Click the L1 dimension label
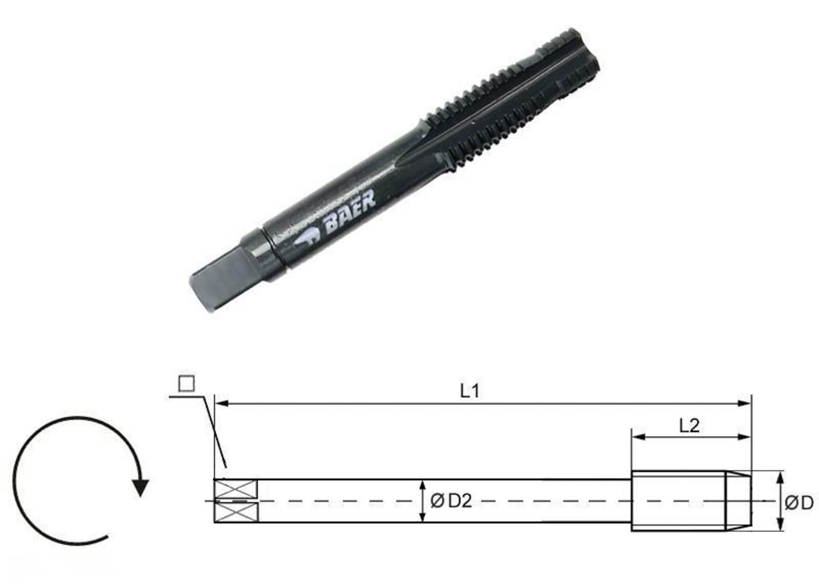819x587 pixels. point(469,391)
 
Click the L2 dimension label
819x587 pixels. point(689,425)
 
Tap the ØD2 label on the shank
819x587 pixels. point(450,501)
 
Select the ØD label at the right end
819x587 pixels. point(799,503)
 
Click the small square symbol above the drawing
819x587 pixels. point(186,384)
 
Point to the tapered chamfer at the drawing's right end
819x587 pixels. point(739,500)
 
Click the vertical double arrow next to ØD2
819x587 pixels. point(421,501)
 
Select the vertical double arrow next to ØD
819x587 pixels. point(780,501)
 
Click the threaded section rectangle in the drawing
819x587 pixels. point(678,500)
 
